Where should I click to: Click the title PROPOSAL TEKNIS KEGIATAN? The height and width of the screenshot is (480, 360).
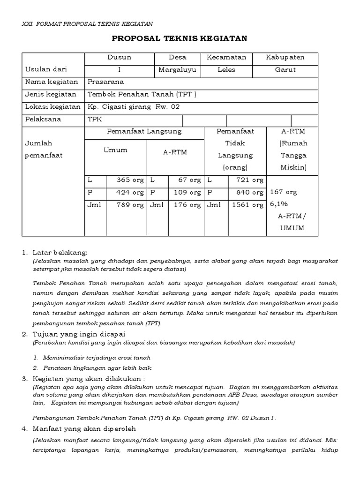pyautogui.click(x=179, y=38)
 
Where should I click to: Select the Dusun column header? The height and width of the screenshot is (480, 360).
pyautogui.click(x=119, y=57)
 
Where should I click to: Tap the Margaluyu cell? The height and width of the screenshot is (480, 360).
pyautogui.click(x=178, y=70)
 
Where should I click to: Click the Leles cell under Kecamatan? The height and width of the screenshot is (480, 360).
pyautogui.click(x=226, y=70)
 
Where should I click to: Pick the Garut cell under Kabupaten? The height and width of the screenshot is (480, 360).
pyautogui.click(x=285, y=70)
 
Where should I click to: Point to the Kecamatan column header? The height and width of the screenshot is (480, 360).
pyautogui.click(x=226, y=57)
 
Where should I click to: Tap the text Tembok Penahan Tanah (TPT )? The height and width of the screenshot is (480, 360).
pyautogui.click(x=142, y=94)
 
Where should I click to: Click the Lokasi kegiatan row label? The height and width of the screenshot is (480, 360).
pyautogui.click(x=52, y=107)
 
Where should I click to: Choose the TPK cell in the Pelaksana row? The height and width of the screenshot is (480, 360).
pyautogui.click(x=95, y=120)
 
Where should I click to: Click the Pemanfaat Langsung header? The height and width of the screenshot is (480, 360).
pyautogui.click(x=144, y=132)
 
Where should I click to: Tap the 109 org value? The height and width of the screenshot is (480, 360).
pyautogui.click(x=188, y=192)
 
